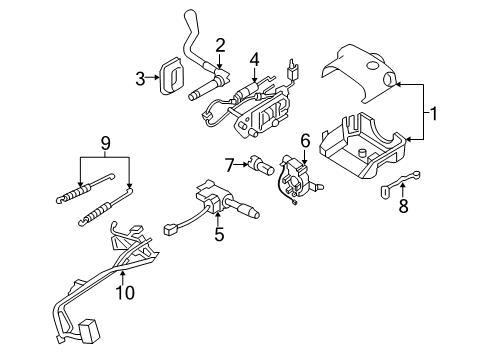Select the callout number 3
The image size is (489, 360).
pyautogui.click(x=142, y=74)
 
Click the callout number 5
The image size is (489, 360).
pyautogui.click(x=218, y=236)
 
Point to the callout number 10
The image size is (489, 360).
pyautogui.click(x=124, y=293)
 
